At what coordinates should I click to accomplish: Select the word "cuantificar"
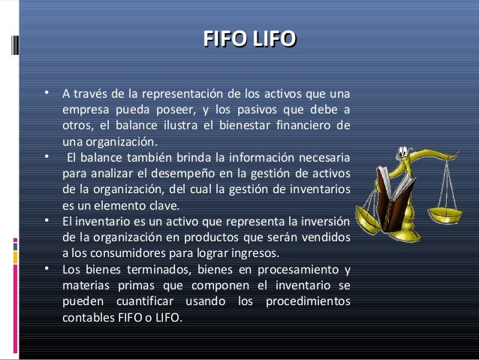click(143, 302)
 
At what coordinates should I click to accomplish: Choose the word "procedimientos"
click(311, 302)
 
